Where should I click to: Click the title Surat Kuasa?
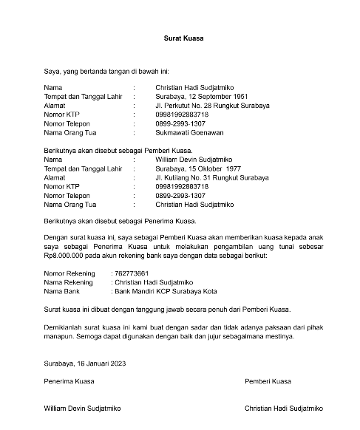click(184, 37)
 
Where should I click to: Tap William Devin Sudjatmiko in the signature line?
click(82, 407)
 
